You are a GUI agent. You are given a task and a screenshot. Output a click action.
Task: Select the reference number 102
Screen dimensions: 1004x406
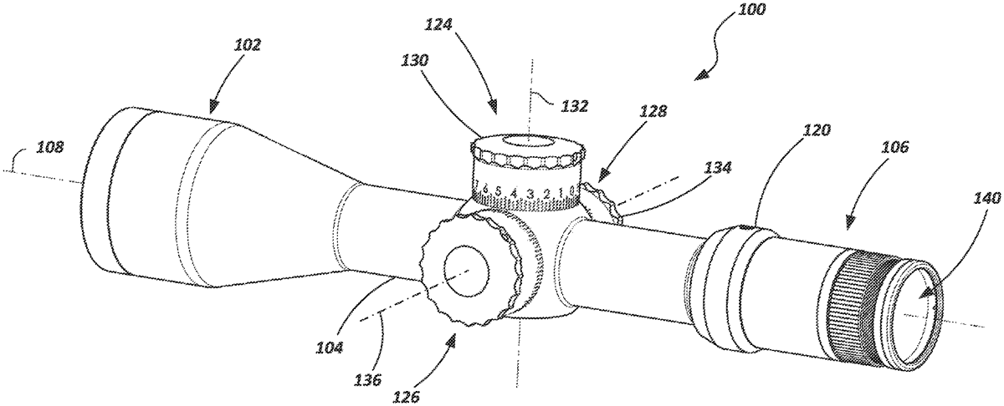[x=248, y=45]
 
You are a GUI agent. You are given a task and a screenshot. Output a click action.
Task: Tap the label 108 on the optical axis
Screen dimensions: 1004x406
[x=50, y=147]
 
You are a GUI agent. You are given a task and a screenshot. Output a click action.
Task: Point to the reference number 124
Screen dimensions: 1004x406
[x=439, y=24]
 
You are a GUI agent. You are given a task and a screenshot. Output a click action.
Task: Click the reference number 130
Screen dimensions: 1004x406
[x=416, y=60]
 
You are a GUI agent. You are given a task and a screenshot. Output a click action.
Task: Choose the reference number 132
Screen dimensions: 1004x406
[x=575, y=106]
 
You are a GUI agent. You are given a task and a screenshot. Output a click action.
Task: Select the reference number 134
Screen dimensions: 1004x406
[x=717, y=168]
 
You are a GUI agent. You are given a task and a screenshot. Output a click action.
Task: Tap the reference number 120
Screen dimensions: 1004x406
[x=817, y=129]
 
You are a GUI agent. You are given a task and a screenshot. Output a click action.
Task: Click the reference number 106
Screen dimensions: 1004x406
[x=894, y=146]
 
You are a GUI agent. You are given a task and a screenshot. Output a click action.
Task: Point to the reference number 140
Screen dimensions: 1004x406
[x=987, y=198]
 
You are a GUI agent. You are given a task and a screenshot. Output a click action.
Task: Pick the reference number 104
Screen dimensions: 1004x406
[x=330, y=348]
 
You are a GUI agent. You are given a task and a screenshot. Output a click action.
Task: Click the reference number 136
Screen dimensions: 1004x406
[x=367, y=379]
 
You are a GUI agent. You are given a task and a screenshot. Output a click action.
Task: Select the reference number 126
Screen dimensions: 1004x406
[x=407, y=396]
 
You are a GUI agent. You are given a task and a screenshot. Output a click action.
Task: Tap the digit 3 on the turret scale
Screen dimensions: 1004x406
[x=530, y=195]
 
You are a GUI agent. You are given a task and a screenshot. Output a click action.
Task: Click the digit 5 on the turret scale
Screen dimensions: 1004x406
[x=499, y=191]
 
